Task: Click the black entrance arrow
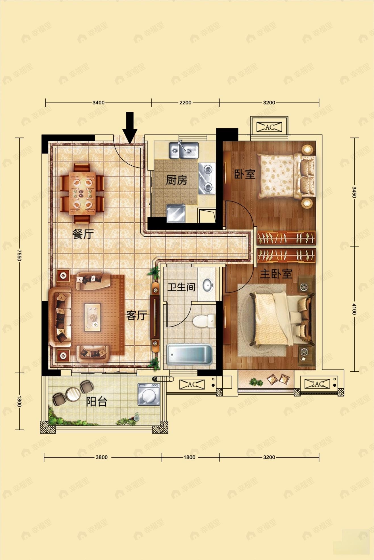pyautogui.click(x=130, y=128)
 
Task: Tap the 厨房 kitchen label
pyautogui.click(x=176, y=180)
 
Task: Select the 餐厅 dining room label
pyautogui.click(x=83, y=234)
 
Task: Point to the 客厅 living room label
pyautogui.click(x=137, y=315)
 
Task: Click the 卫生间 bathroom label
pyautogui.click(x=181, y=287)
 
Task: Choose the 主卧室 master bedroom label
pyautogui.click(x=276, y=274)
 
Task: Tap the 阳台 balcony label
pyautogui.click(x=97, y=402)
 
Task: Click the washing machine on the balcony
pyautogui.click(x=149, y=394)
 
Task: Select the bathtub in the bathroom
pyautogui.click(x=189, y=354)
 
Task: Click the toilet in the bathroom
pyautogui.click(x=204, y=321)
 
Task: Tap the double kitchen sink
pyautogui.click(x=184, y=150)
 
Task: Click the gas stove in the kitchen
pyautogui.click(x=207, y=178)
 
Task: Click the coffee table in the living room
pyautogui.click(x=92, y=317)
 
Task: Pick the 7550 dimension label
pyautogui.click(x=19, y=255)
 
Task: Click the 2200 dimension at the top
pyautogui.click(x=185, y=103)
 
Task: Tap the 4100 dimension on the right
pyautogui.click(x=354, y=309)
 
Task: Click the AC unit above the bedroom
pyautogui.click(x=269, y=127)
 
